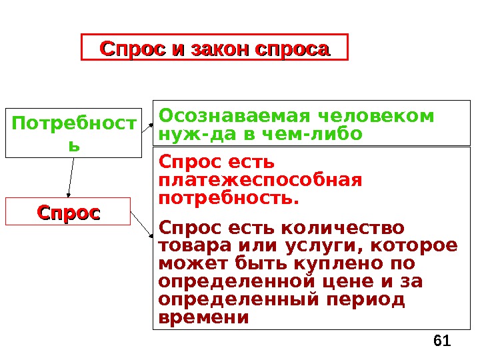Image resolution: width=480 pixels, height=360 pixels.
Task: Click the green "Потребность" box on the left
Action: [x=73, y=133]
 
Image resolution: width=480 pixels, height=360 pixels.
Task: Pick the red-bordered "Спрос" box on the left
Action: [x=68, y=211]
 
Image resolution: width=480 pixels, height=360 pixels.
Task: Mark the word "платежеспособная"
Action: [x=261, y=180]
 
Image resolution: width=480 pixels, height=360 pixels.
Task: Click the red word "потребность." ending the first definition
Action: [x=229, y=198]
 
